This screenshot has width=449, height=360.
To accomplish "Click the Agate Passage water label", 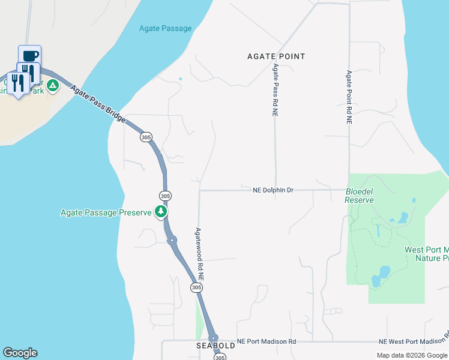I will point(165,28).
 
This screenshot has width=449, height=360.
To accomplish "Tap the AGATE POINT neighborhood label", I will point(276,56).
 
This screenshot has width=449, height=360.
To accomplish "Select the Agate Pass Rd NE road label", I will point(276,89).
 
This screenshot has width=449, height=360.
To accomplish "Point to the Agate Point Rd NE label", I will point(348,97).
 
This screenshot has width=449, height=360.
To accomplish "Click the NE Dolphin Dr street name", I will point(273,190).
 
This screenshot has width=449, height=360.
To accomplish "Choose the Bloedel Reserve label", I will point(359,196).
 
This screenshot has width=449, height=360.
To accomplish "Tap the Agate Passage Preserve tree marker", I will point(160,212).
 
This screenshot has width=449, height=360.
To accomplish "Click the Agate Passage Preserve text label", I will point(106,212).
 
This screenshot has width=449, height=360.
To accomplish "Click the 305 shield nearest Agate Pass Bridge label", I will point(146,137).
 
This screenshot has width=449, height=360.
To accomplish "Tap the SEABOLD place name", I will point(215,346).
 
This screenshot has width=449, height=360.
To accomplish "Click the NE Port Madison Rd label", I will point(267,341).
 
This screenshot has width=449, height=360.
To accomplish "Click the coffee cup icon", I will point(30,55).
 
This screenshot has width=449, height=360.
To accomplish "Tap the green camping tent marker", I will point(53,86).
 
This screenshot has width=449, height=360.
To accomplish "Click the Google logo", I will point(20,353).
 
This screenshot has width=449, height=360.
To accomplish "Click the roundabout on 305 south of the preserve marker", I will point(172,241).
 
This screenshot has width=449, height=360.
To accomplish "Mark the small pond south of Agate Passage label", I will point(180,79).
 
